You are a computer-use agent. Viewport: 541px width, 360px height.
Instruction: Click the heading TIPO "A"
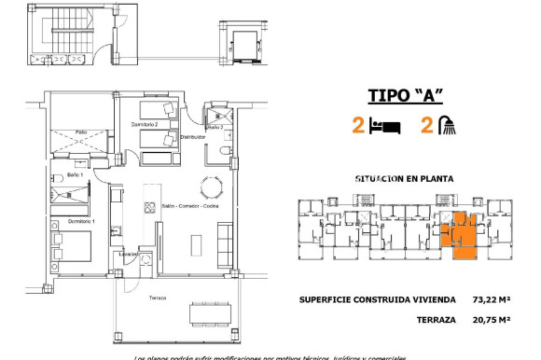click(405, 96)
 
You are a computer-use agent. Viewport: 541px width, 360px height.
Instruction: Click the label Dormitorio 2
click(145, 124)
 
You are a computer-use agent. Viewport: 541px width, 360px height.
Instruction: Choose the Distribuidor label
click(219, 136)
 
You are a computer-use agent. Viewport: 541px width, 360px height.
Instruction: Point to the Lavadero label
click(129, 253)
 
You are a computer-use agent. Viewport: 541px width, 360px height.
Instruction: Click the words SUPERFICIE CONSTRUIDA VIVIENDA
click(378, 300)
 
